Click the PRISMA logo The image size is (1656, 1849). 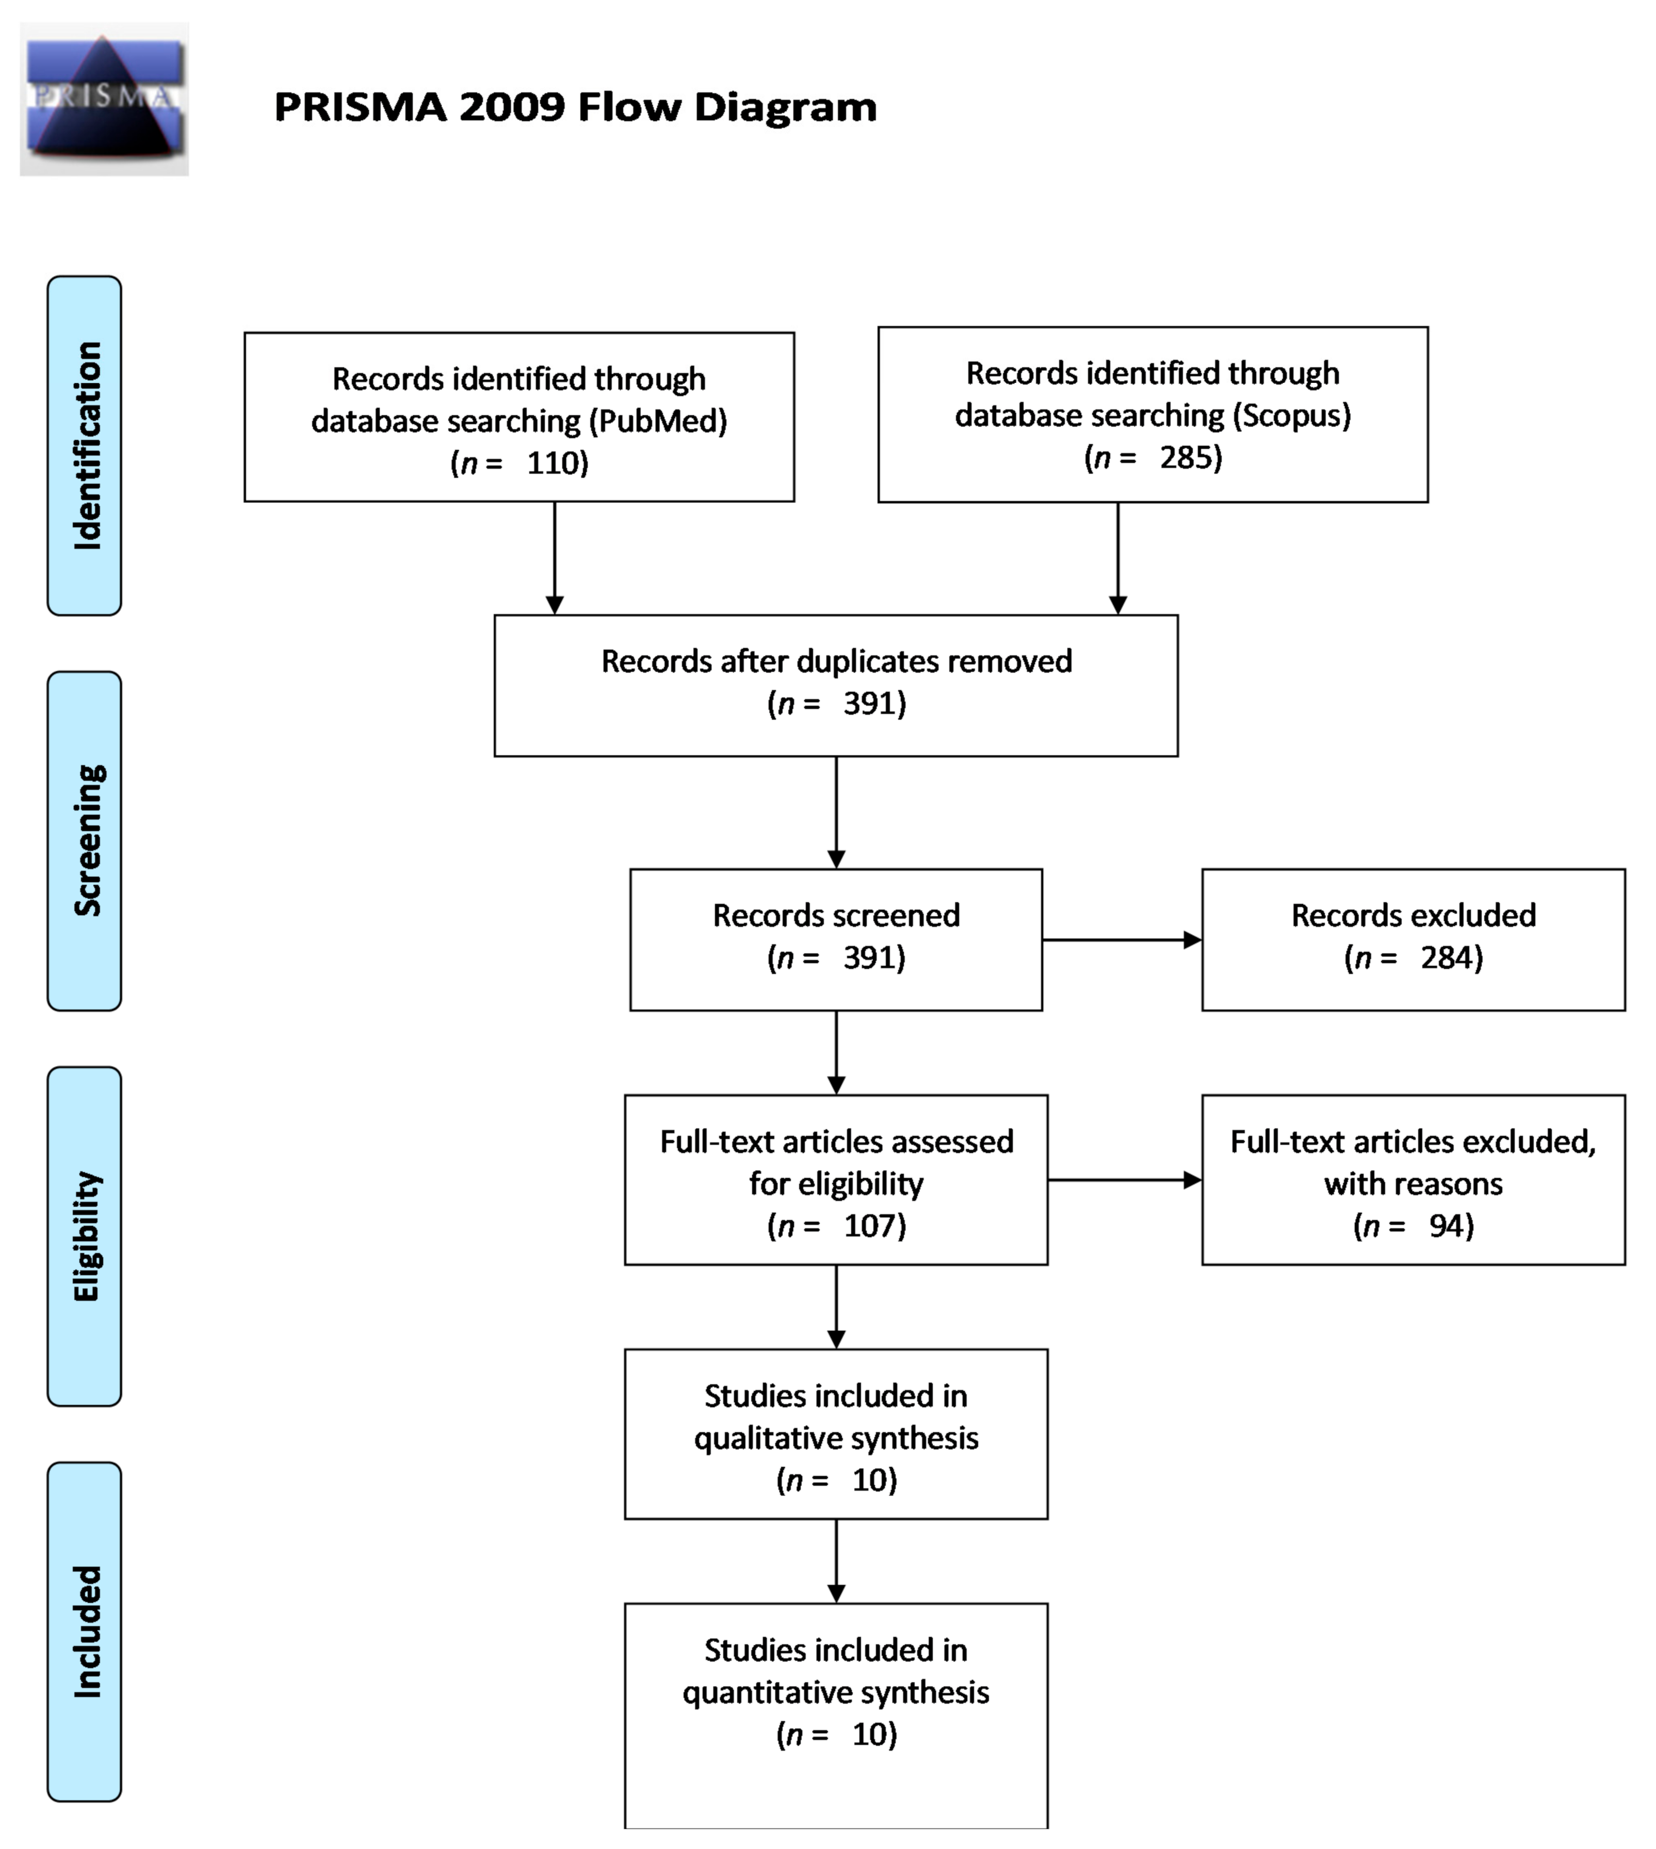pos(104,98)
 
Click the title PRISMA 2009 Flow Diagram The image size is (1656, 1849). pos(575,106)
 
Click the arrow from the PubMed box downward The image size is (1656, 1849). pos(554,557)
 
